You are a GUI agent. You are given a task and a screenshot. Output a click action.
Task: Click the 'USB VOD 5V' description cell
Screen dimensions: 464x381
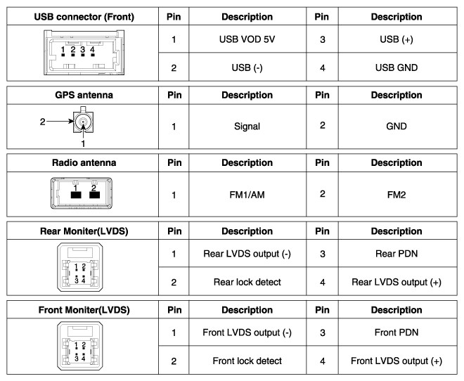pos(247,39)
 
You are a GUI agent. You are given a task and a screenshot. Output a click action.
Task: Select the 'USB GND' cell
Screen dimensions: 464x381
pos(397,67)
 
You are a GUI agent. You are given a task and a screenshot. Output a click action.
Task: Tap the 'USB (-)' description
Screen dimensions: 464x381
pos(247,67)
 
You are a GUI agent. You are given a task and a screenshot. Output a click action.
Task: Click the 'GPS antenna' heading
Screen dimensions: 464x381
pos(84,95)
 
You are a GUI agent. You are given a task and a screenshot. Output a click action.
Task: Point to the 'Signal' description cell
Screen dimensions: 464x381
pos(247,127)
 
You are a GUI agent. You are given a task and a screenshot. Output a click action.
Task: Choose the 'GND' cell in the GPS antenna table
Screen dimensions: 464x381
pos(397,127)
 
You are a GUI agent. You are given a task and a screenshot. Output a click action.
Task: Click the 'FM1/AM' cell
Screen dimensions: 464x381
pos(247,195)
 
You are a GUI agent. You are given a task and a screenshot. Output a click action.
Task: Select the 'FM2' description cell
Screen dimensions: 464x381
pos(397,195)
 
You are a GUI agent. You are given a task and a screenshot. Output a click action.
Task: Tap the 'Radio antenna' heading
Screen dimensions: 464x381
pos(84,162)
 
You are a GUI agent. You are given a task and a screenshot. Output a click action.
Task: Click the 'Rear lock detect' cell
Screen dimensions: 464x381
pos(247,282)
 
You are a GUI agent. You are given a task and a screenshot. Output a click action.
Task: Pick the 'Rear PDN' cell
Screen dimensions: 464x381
pos(397,254)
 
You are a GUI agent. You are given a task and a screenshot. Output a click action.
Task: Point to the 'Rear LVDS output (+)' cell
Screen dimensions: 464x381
pos(397,282)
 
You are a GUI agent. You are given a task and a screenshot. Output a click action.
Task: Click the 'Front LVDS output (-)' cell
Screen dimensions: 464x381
pos(247,332)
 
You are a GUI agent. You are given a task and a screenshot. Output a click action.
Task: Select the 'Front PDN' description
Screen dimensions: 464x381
pos(397,332)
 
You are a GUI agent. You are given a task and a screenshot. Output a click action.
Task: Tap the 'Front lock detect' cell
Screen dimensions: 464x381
pos(247,361)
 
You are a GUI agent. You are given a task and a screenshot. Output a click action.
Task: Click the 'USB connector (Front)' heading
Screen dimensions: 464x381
pos(84,17)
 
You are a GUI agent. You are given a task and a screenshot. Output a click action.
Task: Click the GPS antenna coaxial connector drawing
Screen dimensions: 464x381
pos(84,122)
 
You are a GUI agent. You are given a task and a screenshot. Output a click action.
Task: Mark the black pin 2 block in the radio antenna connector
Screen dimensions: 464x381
pos(94,195)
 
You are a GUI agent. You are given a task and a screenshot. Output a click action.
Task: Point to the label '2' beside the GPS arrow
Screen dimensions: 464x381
pos(43,122)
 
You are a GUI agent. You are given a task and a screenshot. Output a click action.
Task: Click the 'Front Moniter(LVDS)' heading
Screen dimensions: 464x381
pos(84,310)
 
